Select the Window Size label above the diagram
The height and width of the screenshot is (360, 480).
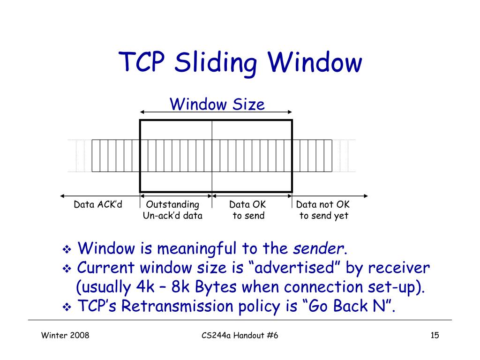click(217, 104)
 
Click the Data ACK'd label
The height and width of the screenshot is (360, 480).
click(98, 205)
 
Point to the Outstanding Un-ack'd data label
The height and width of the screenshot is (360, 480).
click(172, 210)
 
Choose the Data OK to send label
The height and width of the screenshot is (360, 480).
click(247, 210)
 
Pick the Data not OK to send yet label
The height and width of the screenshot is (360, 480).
click(323, 210)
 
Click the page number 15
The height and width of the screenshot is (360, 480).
click(434, 335)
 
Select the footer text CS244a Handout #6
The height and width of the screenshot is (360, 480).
click(240, 335)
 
